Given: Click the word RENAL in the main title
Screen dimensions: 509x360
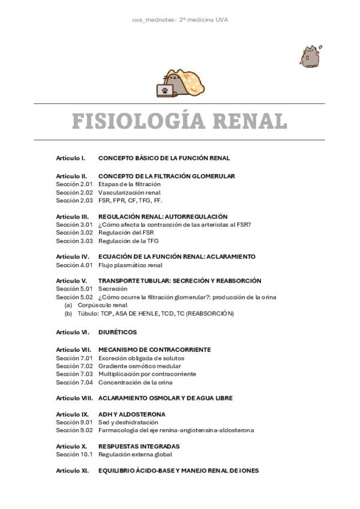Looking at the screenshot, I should (x=244, y=122).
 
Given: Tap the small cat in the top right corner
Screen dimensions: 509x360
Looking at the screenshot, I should (x=310, y=55).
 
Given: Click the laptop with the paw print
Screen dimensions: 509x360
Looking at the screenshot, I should (x=165, y=90).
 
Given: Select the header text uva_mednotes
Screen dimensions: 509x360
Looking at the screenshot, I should (x=152, y=20).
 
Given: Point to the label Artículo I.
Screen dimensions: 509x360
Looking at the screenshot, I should (x=71, y=158).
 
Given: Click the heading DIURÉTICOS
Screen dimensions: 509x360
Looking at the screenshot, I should (x=118, y=332).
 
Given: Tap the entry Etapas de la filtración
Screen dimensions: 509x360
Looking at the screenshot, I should (x=130, y=184).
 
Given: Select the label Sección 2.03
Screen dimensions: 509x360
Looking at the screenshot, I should (x=74, y=200).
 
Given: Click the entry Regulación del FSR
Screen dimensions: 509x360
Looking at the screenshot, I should (x=127, y=232).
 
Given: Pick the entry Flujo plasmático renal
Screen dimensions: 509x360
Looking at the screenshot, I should (x=130, y=265).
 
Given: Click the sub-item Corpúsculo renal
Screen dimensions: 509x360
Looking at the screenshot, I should (x=103, y=305).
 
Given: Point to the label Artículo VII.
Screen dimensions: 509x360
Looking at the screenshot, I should (x=74, y=349).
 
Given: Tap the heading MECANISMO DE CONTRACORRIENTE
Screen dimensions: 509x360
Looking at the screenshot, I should (x=155, y=349).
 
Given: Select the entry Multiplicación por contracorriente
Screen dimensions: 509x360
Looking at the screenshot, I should (x=147, y=374).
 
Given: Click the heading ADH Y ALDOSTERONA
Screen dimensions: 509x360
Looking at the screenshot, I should (x=132, y=414).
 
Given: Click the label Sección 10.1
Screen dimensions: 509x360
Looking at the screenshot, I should (x=74, y=454).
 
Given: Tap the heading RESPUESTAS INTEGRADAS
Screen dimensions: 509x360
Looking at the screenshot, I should (x=139, y=447).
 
